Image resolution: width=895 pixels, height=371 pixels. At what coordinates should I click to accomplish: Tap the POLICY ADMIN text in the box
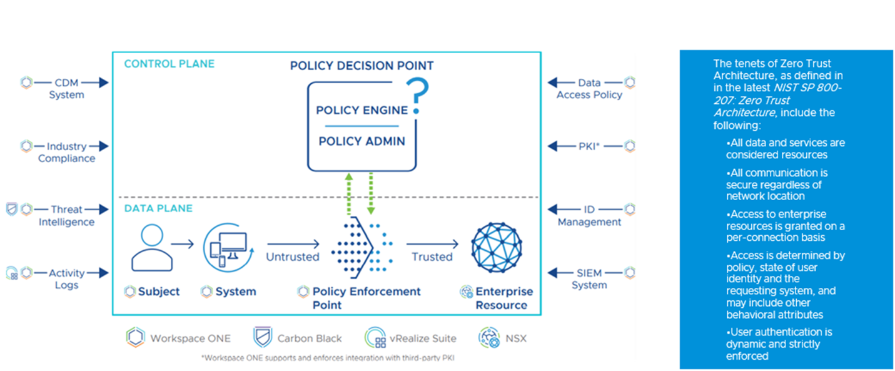pos(362,141)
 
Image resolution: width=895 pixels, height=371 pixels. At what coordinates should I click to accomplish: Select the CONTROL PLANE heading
pos(169,64)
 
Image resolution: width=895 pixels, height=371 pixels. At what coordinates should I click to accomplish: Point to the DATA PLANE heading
pos(158,208)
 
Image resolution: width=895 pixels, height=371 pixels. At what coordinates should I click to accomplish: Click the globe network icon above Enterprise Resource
pos(496,247)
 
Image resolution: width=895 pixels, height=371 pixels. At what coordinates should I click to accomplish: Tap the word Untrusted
pos(293,257)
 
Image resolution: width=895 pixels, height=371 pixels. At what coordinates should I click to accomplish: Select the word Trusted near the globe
pos(432,257)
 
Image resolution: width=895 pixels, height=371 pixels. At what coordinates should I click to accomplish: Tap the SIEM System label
pos(589,279)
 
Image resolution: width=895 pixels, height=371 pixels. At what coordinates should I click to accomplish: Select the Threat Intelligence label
pos(66,216)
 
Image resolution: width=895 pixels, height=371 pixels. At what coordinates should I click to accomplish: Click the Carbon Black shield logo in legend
pos(261,338)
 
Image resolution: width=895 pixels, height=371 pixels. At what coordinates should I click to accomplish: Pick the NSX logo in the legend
pos(488,338)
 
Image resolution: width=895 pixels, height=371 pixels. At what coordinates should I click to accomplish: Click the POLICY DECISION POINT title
pos(362,66)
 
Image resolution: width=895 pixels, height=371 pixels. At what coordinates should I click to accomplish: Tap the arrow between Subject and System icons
pos(183,244)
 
